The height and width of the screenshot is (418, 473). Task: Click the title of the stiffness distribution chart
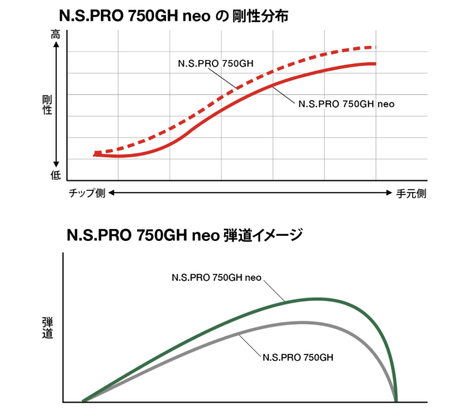pos(174,16)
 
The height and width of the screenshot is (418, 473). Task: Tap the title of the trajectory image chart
pos(185,235)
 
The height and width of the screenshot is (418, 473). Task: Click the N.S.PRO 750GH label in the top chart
pos(216,64)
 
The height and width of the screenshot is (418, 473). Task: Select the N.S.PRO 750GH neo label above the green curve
pos(217,278)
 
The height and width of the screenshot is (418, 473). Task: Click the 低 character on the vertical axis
pos(55,174)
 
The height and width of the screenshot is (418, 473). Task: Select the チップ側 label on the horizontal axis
pos(87,194)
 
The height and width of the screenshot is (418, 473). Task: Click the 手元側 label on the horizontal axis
pos(411,194)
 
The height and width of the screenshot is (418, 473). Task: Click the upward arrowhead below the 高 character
pos(56,45)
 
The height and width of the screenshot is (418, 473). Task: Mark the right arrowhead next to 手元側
pos(389,194)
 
